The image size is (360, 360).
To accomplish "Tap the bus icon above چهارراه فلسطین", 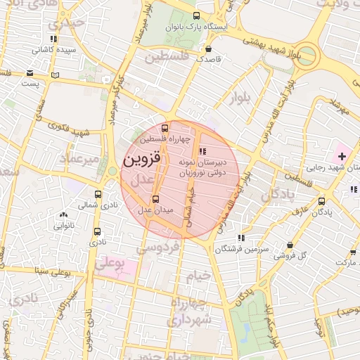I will [x=165, y=129].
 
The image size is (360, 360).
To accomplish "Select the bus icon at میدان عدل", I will [x=155, y=199].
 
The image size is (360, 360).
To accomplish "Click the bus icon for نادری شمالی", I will [x=98, y=194].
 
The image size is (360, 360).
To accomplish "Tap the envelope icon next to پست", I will [x=30, y=73].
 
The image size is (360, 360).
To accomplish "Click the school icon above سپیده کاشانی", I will [x=53, y=39].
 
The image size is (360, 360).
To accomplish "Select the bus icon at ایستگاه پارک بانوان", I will [x=195, y=17].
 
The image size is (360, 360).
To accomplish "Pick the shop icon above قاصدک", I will [x=209, y=49].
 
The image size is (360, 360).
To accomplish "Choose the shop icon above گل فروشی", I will [x=290, y=245].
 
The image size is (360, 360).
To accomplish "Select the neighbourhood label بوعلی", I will [x=109, y=265].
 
